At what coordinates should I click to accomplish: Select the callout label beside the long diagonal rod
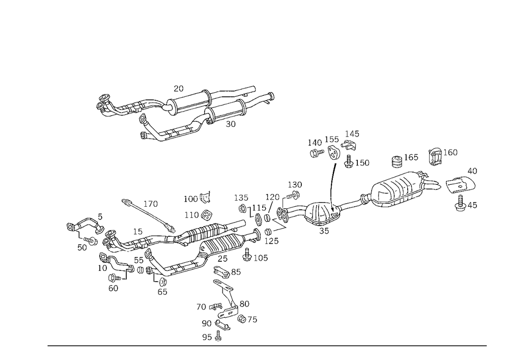(x=152, y=204)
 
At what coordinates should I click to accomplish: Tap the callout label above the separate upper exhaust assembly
(x=178, y=88)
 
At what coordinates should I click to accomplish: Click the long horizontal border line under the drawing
(x=267, y=345)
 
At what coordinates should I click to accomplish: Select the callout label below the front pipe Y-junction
(x=163, y=292)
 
